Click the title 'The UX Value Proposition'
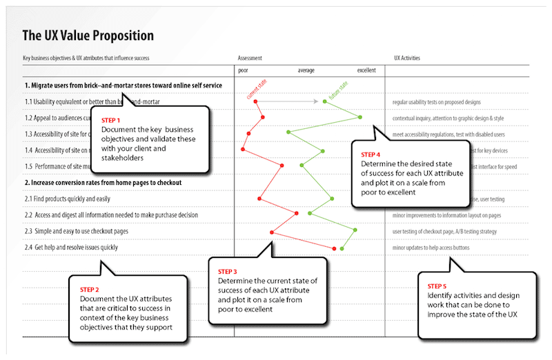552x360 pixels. [88, 35]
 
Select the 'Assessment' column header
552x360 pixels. [249, 59]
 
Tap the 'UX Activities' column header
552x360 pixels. [406, 59]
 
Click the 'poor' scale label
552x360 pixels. [243, 71]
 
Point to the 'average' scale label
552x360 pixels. [307, 71]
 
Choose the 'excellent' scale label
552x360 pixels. [366, 71]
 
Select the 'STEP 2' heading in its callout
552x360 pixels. [90, 289]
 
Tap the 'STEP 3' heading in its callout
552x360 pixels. [228, 270]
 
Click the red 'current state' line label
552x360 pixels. [257, 89]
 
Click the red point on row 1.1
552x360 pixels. [256, 101]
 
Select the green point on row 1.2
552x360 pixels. [360, 117]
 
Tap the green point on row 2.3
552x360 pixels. [355, 230]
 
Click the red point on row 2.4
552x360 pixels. [334, 248]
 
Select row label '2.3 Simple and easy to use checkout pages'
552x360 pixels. [77, 230]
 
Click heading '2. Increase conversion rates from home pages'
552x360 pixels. [103, 183]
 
